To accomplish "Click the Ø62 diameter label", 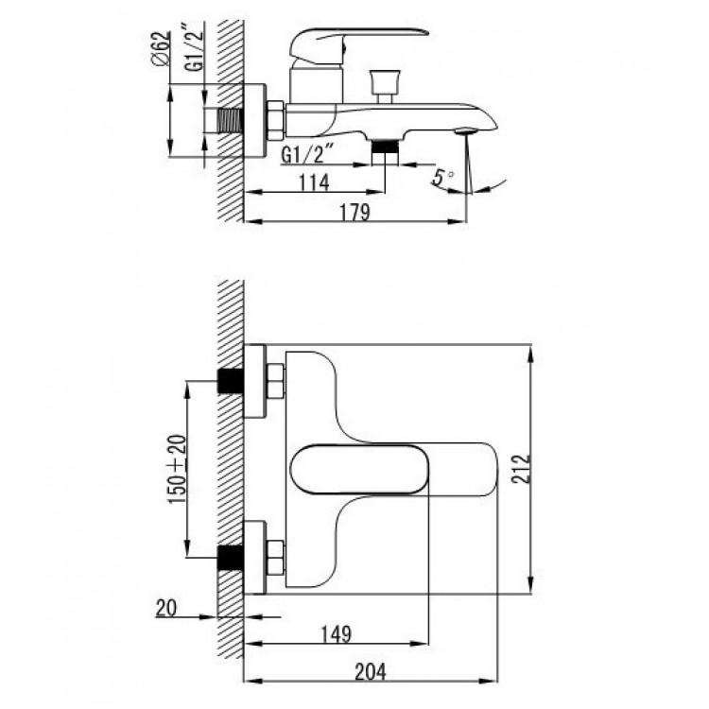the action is pyautogui.click(x=162, y=48).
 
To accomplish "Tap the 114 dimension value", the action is pyautogui.click(x=314, y=182).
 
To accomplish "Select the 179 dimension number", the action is pyautogui.click(x=354, y=212).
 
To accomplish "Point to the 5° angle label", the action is pyautogui.click(x=442, y=177).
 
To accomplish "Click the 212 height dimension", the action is pyautogui.click(x=521, y=469).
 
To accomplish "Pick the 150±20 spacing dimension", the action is pyautogui.click(x=178, y=470).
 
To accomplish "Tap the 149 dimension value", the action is pyautogui.click(x=336, y=634).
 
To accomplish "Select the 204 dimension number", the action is pyautogui.click(x=371, y=672).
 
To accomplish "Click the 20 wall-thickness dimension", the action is pyautogui.click(x=166, y=608).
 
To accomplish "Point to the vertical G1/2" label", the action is pyautogui.click(x=195, y=45).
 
